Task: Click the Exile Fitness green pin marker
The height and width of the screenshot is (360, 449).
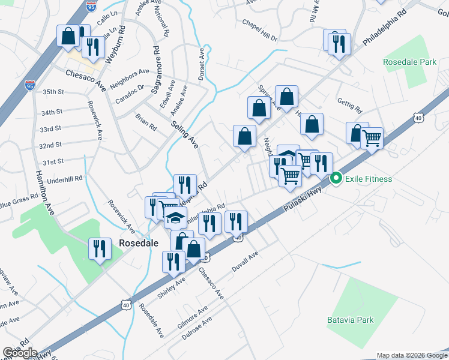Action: (336, 178)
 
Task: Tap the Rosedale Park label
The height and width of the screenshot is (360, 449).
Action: (411, 62)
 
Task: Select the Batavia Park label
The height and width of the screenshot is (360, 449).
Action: (351, 320)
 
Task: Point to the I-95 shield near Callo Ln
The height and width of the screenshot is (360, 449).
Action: (91, 7)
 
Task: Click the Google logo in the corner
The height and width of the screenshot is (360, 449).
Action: (20, 353)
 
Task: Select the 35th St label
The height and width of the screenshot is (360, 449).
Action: (53, 92)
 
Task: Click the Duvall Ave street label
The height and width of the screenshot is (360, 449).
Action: (245, 262)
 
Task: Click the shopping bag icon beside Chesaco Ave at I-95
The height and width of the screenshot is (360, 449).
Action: (68, 36)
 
